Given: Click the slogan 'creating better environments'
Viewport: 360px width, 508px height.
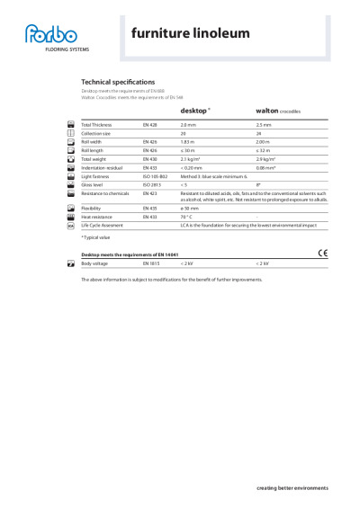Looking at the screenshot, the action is click(x=292, y=487).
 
